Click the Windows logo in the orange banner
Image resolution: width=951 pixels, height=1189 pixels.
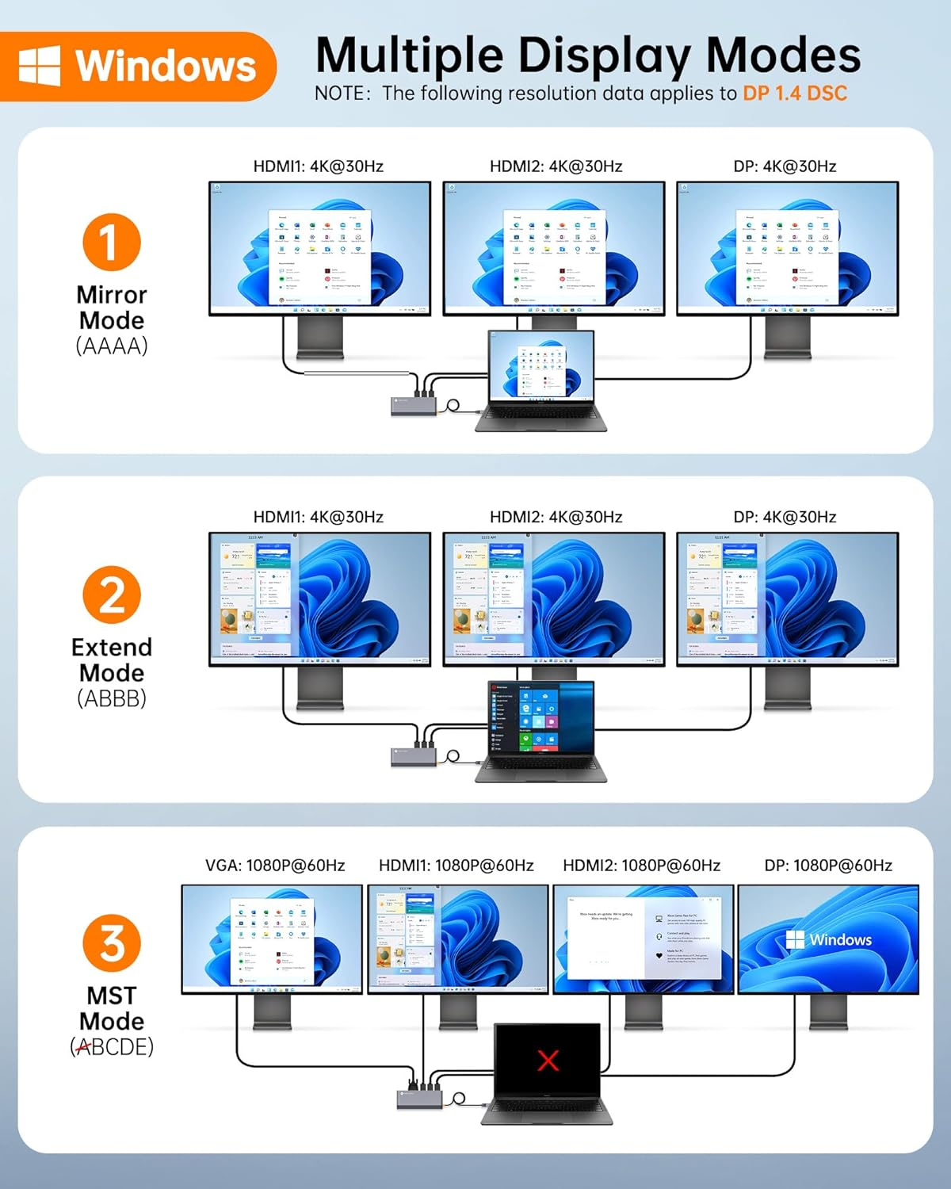(40, 65)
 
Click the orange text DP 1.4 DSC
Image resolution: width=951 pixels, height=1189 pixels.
(794, 94)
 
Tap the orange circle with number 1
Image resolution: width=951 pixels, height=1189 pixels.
(111, 243)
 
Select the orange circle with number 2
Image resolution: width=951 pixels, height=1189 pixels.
(111, 594)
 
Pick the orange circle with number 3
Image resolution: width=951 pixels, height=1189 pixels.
(111, 942)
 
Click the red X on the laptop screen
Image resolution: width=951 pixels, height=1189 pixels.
(548, 1060)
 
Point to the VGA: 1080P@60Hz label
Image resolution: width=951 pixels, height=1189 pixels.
(275, 866)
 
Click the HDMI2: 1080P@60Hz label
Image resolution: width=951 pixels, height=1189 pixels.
(641, 866)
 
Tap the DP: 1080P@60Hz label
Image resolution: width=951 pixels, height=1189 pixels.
(828, 866)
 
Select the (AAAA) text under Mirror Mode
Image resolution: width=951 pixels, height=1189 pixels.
(112, 346)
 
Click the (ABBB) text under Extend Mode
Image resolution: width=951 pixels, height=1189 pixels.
(112, 698)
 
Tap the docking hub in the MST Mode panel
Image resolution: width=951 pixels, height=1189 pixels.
(419, 1099)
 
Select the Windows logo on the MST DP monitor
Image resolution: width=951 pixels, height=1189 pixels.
(795, 940)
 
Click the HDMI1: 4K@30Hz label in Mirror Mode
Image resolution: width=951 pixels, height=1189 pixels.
(318, 166)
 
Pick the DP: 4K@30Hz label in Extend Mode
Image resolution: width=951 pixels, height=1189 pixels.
(785, 518)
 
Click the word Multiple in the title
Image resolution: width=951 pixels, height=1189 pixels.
(409, 55)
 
